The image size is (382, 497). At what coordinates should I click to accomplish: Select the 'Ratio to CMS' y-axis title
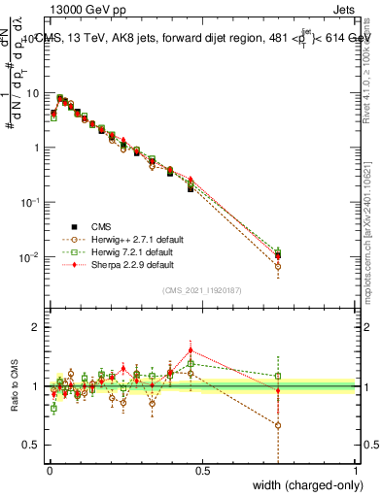(16, 386)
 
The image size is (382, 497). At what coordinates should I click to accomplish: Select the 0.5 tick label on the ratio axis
(31, 446)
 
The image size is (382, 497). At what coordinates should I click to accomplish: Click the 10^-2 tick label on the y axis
(29, 257)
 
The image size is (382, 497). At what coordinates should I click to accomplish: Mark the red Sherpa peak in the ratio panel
(191, 349)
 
